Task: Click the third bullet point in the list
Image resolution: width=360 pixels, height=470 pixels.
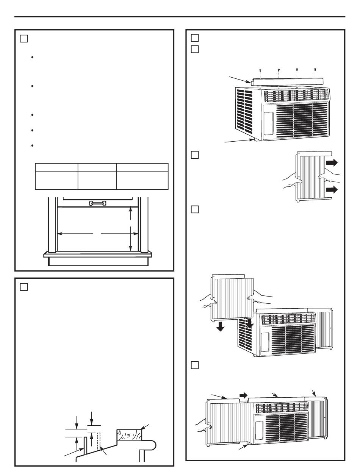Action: (34, 114)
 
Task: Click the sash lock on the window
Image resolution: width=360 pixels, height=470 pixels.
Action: (97, 203)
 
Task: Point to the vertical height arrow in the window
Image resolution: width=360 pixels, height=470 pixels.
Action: (130, 229)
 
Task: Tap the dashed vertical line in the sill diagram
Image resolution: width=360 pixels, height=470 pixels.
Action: (99, 439)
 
